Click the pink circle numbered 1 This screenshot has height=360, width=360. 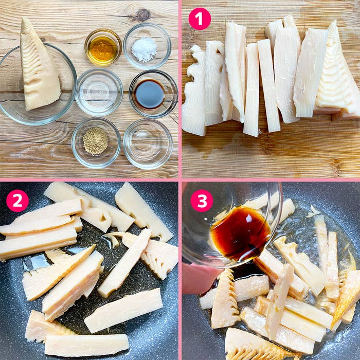pos(200,19)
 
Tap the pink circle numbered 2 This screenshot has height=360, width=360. pos(17,201)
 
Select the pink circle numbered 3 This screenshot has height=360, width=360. pos(202,201)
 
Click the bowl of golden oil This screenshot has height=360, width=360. pos(103,47)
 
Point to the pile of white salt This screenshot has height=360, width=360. pos(144,49)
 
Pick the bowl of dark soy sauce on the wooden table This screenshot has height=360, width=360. pos(153,94)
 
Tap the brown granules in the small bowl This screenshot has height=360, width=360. pos(95,140)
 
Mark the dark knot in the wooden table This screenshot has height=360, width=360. pos(143,15)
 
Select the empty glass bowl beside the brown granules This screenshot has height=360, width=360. pos(148,143)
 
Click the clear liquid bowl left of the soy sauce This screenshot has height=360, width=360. pos(99,92)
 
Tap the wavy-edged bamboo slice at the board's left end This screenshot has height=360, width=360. pos(194,92)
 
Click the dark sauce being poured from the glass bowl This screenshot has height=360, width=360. pos(240,233)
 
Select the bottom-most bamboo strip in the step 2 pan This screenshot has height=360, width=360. pos(86,345)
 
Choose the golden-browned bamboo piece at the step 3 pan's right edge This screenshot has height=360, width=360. pos(346,296)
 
